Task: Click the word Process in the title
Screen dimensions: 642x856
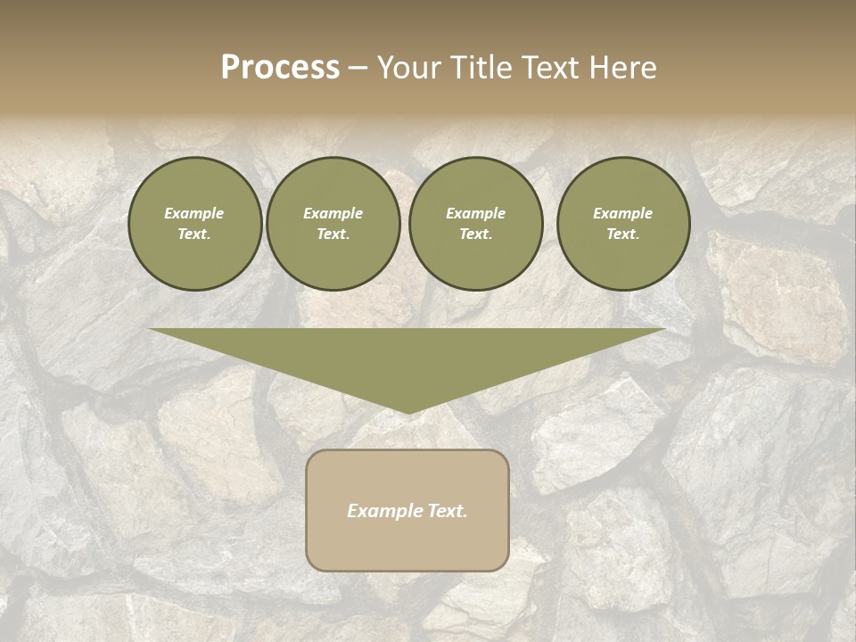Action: (x=280, y=68)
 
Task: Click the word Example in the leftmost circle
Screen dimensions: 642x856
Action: (x=194, y=213)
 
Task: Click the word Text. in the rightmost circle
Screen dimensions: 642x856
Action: (x=622, y=234)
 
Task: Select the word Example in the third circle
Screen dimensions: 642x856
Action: (x=475, y=213)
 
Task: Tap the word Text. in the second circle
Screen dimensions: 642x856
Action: (x=333, y=234)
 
